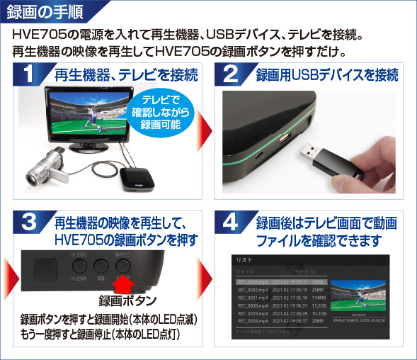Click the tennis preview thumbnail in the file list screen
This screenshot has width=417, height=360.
361,298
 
